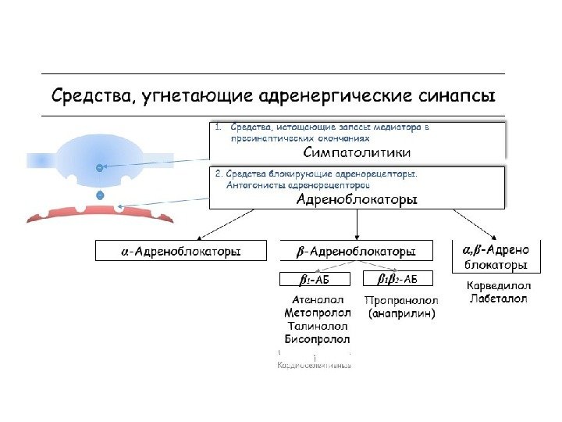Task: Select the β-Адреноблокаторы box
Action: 357,251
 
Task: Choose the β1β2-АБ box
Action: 397,279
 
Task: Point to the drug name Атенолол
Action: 316,299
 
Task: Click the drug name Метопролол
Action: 316,313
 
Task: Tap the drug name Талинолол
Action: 316,326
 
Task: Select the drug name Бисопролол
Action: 316,339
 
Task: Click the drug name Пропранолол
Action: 401,299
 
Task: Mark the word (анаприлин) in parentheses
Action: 401,313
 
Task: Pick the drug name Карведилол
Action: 498,285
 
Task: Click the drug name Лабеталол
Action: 498,299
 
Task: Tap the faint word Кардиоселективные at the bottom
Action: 315,365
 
